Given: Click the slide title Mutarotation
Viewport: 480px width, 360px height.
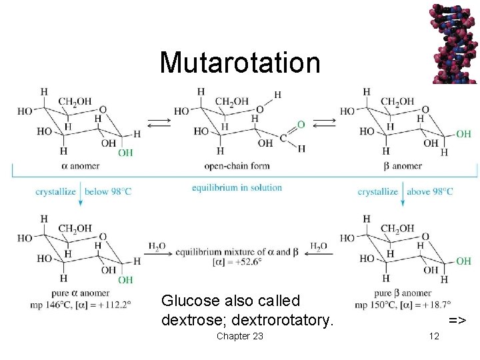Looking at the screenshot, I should coord(240,63).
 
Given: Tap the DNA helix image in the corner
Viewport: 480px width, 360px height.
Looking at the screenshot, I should coord(454,41).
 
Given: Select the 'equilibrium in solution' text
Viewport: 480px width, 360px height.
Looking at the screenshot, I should coord(237,187).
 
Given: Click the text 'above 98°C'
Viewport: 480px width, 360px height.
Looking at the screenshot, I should coord(429,192).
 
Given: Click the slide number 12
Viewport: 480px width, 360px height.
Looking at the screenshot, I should coord(435,336).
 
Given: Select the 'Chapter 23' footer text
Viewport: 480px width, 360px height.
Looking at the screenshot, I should coord(239,336).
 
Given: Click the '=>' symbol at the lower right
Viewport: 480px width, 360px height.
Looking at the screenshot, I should coord(457,321).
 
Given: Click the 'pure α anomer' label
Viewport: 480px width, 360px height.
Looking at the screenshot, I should coord(81,293).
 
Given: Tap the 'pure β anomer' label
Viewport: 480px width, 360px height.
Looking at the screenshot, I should coord(403,293).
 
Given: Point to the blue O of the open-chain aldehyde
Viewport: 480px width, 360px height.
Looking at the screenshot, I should coord(301,125).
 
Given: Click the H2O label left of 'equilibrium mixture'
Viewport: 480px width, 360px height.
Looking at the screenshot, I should coord(157,247).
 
